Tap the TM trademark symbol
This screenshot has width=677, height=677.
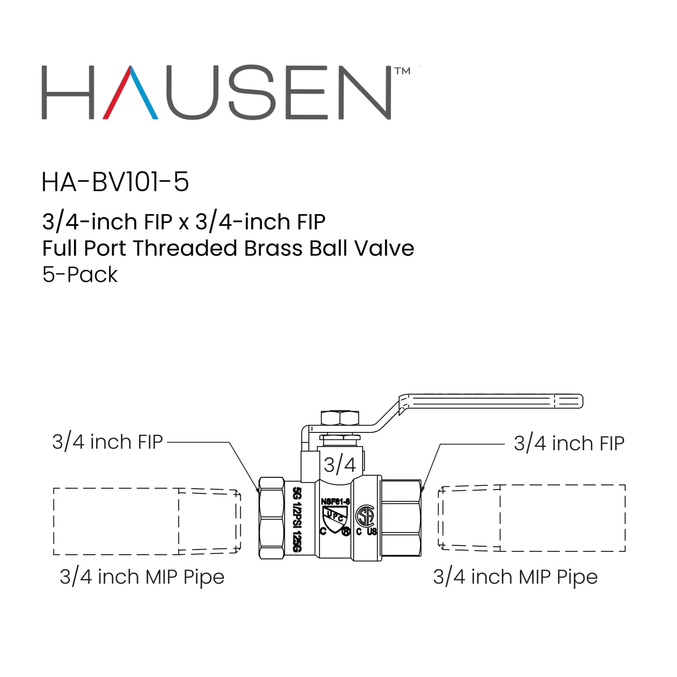(x=402, y=71)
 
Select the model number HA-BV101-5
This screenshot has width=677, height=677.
(x=115, y=182)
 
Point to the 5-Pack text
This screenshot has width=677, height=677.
(x=80, y=275)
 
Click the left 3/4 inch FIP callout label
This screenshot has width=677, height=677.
(x=107, y=442)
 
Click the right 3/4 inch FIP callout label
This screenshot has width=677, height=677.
(x=569, y=443)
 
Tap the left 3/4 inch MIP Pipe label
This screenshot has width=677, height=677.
(x=142, y=577)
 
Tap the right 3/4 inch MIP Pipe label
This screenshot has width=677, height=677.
(x=515, y=577)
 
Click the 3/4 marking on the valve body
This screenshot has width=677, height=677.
(x=340, y=465)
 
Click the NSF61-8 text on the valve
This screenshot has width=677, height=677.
(x=335, y=501)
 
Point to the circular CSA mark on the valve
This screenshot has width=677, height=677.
(x=365, y=516)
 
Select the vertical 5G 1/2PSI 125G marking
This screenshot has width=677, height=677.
(x=297, y=520)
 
